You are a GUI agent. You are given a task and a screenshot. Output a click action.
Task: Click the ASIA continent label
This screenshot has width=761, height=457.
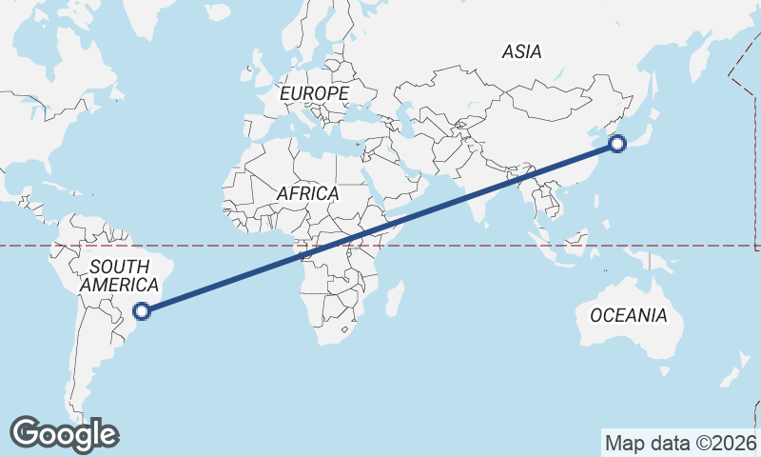point(522,52)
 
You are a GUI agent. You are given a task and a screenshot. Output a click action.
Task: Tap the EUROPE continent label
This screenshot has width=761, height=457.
point(314,93)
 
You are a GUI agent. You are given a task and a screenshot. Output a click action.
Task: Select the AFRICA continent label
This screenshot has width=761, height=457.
point(307,193)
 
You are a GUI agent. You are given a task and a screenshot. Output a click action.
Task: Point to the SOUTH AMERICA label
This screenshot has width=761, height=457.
point(119,275)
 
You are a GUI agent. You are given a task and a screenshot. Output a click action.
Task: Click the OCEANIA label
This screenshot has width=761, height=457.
point(629,315)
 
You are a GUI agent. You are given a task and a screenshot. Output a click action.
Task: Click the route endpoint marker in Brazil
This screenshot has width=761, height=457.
point(142,309)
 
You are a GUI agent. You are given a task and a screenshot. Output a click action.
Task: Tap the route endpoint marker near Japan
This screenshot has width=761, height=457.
point(617,145)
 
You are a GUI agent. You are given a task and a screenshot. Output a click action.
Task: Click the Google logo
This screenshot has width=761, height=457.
point(64,433)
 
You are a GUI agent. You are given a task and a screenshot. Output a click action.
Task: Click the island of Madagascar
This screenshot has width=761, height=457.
point(394,298)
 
